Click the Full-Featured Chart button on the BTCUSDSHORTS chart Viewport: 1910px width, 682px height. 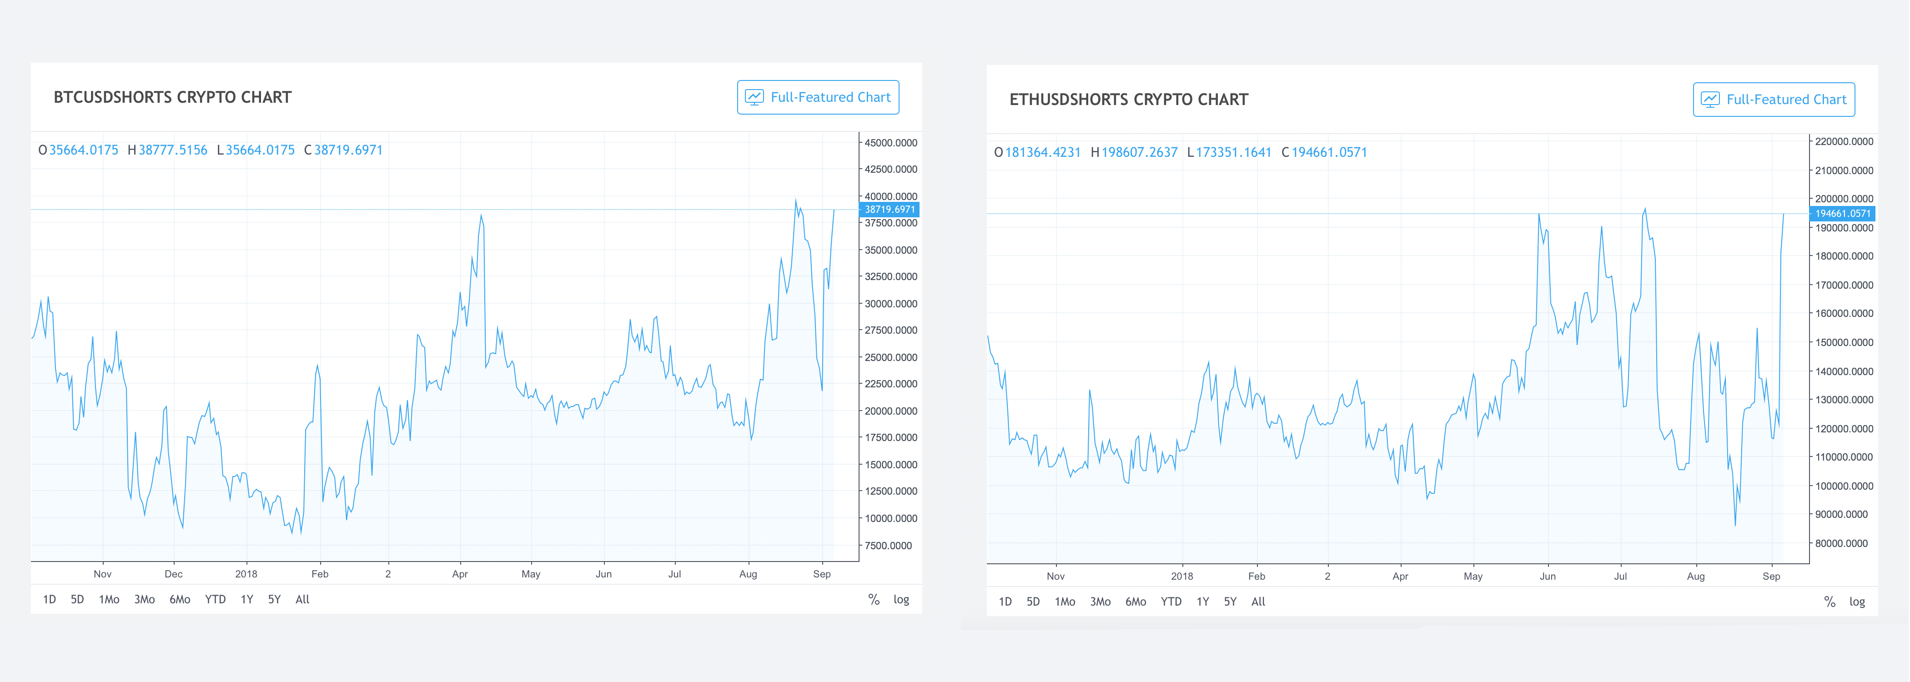pyautogui.click(x=818, y=97)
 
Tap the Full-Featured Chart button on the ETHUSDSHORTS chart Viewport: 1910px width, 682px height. pyautogui.click(x=1774, y=99)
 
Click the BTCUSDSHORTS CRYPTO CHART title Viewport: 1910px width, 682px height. pyautogui.click(x=173, y=97)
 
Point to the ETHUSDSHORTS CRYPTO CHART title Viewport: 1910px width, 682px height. pyautogui.click(x=1129, y=99)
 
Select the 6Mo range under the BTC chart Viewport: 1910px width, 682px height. pyautogui.click(x=180, y=599)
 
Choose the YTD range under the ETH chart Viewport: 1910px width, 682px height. pyautogui.click(x=1171, y=601)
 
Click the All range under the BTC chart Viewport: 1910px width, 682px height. pyautogui.click(x=302, y=599)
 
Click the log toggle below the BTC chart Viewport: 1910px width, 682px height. pyautogui.click(x=901, y=599)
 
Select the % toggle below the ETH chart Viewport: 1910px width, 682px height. pyautogui.click(x=1829, y=601)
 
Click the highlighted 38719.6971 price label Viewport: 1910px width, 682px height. pyautogui.click(x=889, y=210)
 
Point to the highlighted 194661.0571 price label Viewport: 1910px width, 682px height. pyautogui.click(x=1843, y=214)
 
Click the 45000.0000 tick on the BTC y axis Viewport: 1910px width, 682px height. pyautogui.click(x=890, y=142)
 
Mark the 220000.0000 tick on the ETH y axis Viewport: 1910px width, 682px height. pyautogui.click(x=1844, y=141)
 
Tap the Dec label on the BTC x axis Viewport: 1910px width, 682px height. pyautogui.click(x=174, y=574)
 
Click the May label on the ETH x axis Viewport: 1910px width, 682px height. pyautogui.click(x=1473, y=576)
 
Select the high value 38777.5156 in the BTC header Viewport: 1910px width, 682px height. pyautogui.click(x=173, y=150)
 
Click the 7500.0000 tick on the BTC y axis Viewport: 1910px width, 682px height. pyautogui.click(x=888, y=546)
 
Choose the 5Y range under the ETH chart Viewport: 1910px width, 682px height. pyautogui.click(x=1230, y=601)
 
